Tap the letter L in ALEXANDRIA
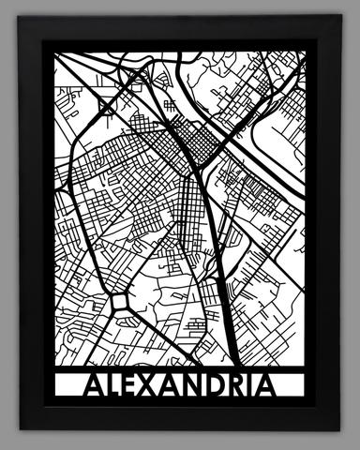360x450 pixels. (x=116, y=386)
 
